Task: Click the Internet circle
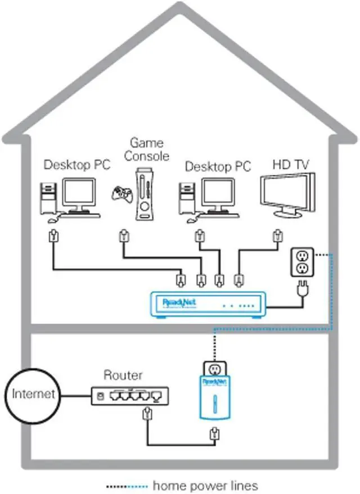pyautogui.click(x=33, y=393)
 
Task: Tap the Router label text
pyautogui.click(x=123, y=375)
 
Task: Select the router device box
pyautogui.click(x=129, y=396)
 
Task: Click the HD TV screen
pyautogui.click(x=286, y=192)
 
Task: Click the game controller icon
pyautogui.click(x=122, y=196)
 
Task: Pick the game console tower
pyautogui.click(x=145, y=196)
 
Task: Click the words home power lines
pyautogui.click(x=205, y=485)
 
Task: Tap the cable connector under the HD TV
pyautogui.click(x=276, y=235)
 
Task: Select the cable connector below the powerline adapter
pyautogui.click(x=213, y=434)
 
